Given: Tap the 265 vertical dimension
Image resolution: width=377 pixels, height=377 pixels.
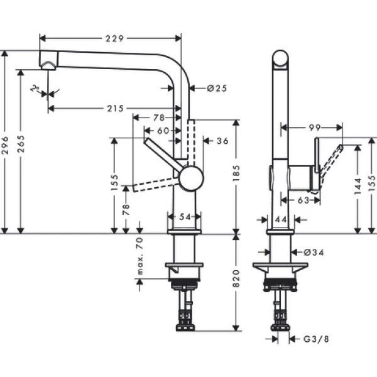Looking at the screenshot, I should (23, 147).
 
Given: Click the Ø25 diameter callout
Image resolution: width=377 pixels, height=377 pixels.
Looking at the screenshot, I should (216, 89).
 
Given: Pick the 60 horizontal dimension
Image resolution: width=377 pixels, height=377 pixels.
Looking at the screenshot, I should (163, 130).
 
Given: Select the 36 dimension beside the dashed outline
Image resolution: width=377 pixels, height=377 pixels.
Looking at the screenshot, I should (222, 141).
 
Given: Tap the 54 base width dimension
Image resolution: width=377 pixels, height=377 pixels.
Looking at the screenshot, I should (185, 216).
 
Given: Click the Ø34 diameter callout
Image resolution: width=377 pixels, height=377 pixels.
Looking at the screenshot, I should (314, 253).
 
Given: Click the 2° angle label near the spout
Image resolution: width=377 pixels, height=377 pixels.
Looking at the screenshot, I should (36, 89).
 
